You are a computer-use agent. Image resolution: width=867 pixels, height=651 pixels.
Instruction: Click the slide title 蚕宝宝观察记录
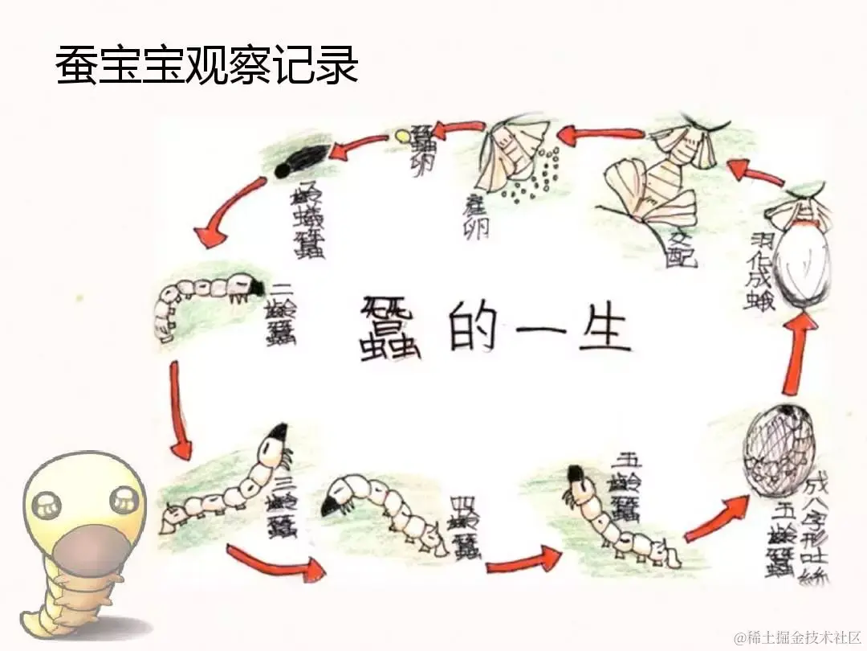click(x=207, y=66)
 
